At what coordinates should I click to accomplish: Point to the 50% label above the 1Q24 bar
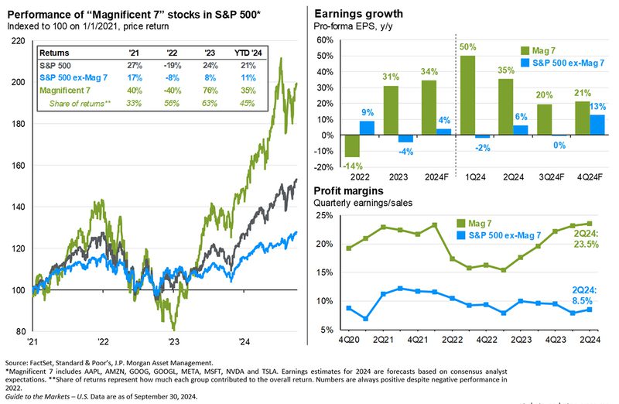pos(467,48)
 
